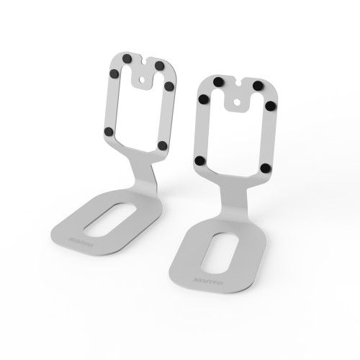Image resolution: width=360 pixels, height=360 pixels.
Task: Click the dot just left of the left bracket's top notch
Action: [126, 57]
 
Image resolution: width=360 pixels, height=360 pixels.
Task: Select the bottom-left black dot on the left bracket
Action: [108, 131]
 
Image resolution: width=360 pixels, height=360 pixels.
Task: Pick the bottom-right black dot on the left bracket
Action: [163, 145]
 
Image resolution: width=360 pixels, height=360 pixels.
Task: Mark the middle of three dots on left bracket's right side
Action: [169, 86]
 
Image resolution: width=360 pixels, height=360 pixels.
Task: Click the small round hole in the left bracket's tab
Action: [148, 73]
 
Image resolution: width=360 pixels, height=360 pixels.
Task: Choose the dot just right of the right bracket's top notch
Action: [257, 86]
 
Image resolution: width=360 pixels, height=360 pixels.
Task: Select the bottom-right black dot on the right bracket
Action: [266, 168]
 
